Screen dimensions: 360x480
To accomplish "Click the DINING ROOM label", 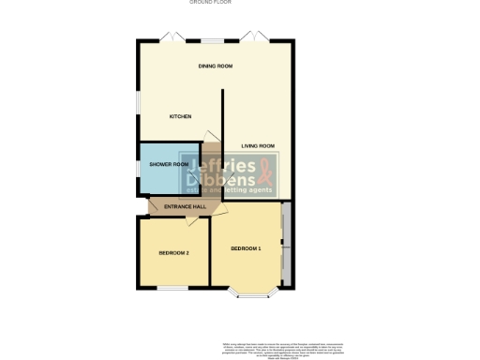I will pos(215,67).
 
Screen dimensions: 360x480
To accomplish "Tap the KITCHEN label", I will pos(180,116).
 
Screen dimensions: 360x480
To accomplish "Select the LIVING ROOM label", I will pos(258,146).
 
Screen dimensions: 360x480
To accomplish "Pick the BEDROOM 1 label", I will pos(246,247).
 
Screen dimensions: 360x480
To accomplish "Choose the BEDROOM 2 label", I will pos(173,253).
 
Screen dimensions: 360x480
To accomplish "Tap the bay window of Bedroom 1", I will pos(252,293).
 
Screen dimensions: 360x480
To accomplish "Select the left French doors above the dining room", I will pos(172,38).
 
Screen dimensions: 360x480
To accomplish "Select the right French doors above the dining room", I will pos(254,38).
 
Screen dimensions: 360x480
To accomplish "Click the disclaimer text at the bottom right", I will pos(291,349).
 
